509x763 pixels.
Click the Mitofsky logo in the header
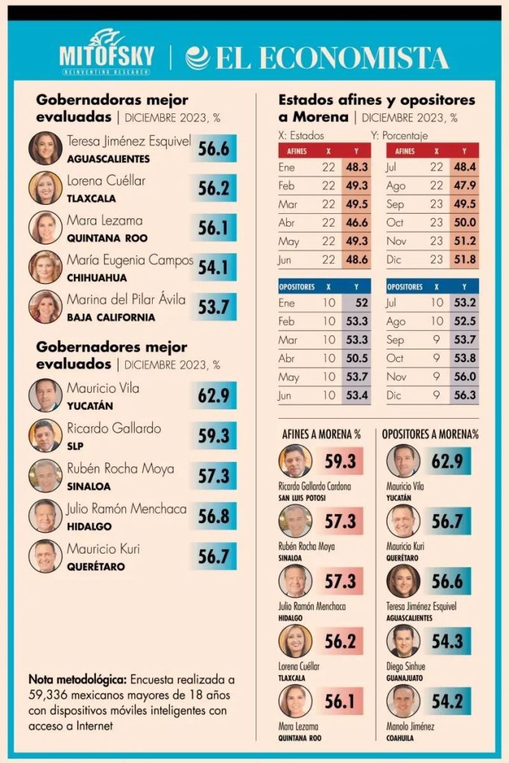(x=107, y=52)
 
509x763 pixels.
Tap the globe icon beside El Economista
(x=197, y=57)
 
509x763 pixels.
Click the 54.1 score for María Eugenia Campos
(x=212, y=267)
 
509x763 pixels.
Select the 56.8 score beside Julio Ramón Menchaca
(x=212, y=515)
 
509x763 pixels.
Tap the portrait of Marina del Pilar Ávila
(x=45, y=307)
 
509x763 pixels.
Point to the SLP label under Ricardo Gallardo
(x=75, y=446)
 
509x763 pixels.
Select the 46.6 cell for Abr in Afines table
(x=357, y=222)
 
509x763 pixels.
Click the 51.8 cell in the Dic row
(x=464, y=259)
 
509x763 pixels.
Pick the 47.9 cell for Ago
(x=464, y=186)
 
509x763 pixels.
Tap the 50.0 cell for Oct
(x=464, y=222)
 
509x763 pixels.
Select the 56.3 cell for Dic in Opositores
(x=464, y=395)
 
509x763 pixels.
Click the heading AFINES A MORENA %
(x=321, y=434)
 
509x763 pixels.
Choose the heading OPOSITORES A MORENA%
(x=430, y=434)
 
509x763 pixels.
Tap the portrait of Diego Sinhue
(x=403, y=641)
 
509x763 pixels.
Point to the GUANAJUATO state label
(x=410, y=677)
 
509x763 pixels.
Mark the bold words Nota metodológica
(x=77, y=680)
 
